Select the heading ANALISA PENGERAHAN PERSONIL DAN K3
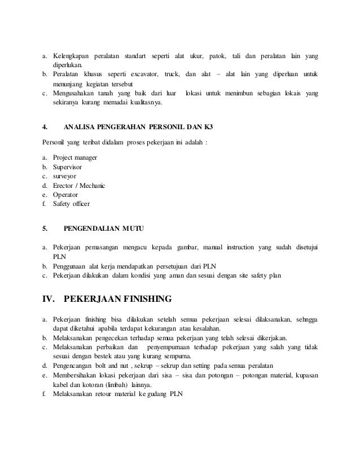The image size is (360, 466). pyautogui.click(x=134, y=127)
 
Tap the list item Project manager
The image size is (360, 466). pyautogui.click(x=75, y=157)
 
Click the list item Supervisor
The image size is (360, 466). pyautogui.click(x=68, y=168)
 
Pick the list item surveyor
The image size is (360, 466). pyautogui.click(x=65, y=177)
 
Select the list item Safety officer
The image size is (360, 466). pyautogui.click(x=71, y=204)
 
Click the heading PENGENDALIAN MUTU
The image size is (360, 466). pyautogui.click(x=104, y=228)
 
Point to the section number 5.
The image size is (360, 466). pyautogui.click(x=45, y=228)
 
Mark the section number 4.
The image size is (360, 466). pyautogui.click(x=45, y=127)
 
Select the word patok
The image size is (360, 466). pyautogui.click(x=217, y=57)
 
